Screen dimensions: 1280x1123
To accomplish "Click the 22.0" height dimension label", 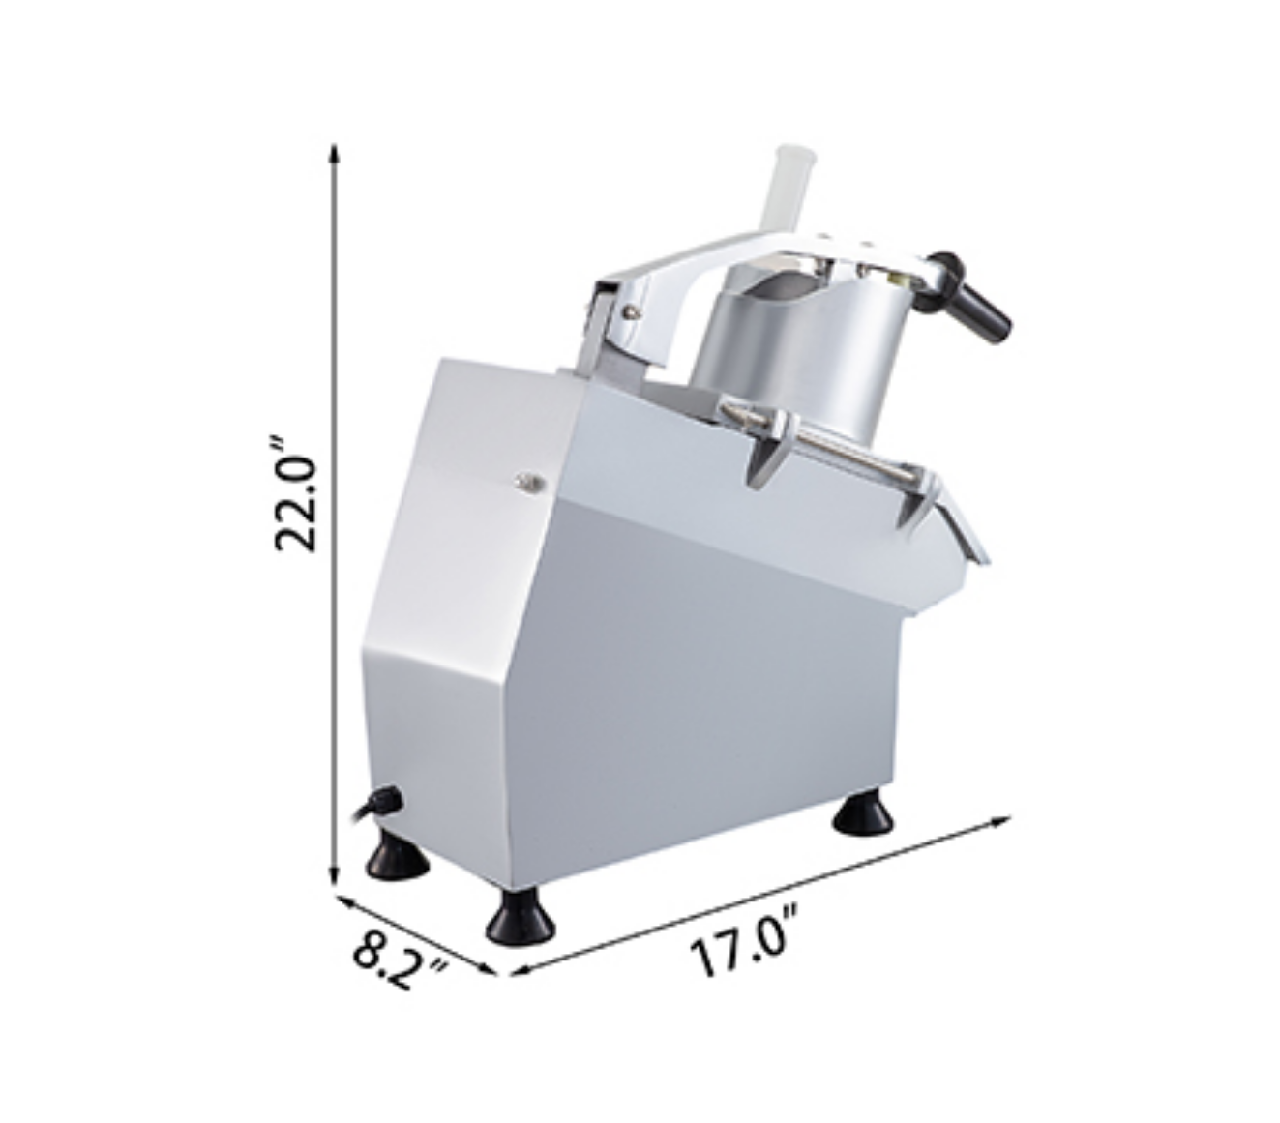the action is click(x=296, y=493).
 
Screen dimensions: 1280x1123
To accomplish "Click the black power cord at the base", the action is click(x=375, y=804).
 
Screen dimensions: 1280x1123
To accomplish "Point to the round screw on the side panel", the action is click(x=529, y=482).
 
